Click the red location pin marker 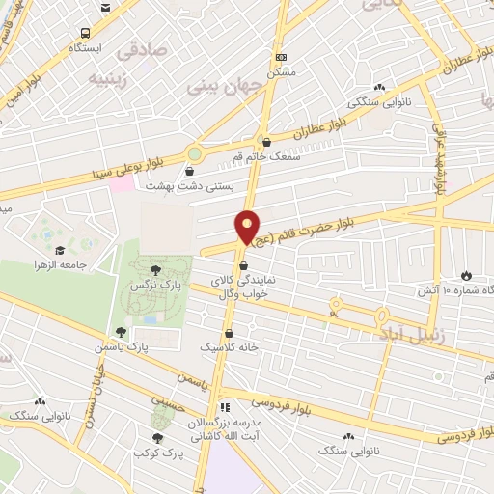248,226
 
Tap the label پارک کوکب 156,452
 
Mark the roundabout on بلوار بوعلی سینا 196,153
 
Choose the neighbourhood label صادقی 141,48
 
